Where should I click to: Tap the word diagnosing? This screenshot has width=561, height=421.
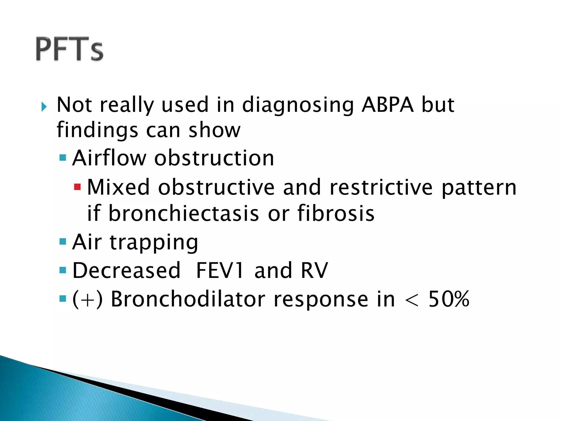pos(298,105)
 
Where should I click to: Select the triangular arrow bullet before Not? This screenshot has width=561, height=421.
pos(44,107)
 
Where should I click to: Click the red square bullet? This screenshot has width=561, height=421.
pos(78,187)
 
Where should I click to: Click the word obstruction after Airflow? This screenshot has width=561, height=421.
pos(214,158)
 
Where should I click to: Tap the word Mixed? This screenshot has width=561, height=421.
pos(118,187)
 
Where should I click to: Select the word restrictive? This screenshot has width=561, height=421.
pos(381,187)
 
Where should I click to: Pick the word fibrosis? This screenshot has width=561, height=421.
pos(336,214)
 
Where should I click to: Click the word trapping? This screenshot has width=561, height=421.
pos(154,243)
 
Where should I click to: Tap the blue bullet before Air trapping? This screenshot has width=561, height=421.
pos(63,242)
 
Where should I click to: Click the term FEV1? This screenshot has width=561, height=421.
pos(220,271)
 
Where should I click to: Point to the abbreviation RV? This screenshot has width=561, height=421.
pos(314,271)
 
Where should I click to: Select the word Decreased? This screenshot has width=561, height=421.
pos(126,271)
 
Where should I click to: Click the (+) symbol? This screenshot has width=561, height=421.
pos(87,299)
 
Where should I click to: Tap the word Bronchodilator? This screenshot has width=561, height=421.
pos(188,299)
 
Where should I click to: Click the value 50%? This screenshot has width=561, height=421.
pos(449,299)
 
